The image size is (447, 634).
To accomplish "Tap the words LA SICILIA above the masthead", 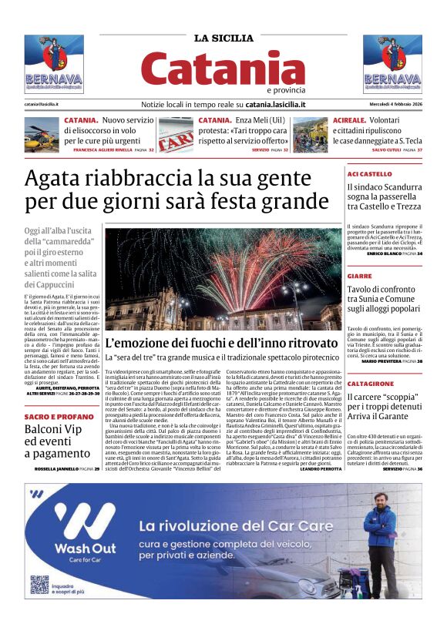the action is (x=223, y=38).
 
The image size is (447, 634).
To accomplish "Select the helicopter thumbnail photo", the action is (x=42, y=134).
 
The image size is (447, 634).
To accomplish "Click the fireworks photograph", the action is (x=223, y=280).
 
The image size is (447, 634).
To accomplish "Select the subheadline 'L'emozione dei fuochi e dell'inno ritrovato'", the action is (x=221, y=343).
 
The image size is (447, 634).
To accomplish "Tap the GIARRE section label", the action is (x=359, y=275).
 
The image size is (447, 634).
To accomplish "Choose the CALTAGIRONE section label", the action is (x=370, y=383).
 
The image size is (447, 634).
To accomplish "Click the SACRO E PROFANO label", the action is (x=53, y=416).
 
